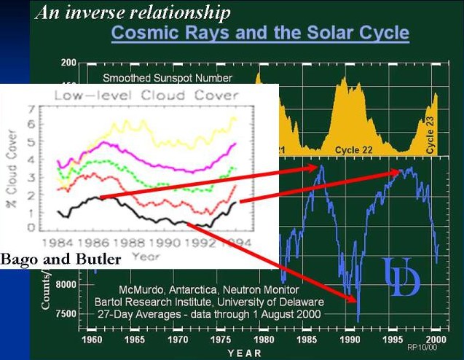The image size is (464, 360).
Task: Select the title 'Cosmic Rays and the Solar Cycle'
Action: (259, 33)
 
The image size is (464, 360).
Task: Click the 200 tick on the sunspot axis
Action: (69, 63)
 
